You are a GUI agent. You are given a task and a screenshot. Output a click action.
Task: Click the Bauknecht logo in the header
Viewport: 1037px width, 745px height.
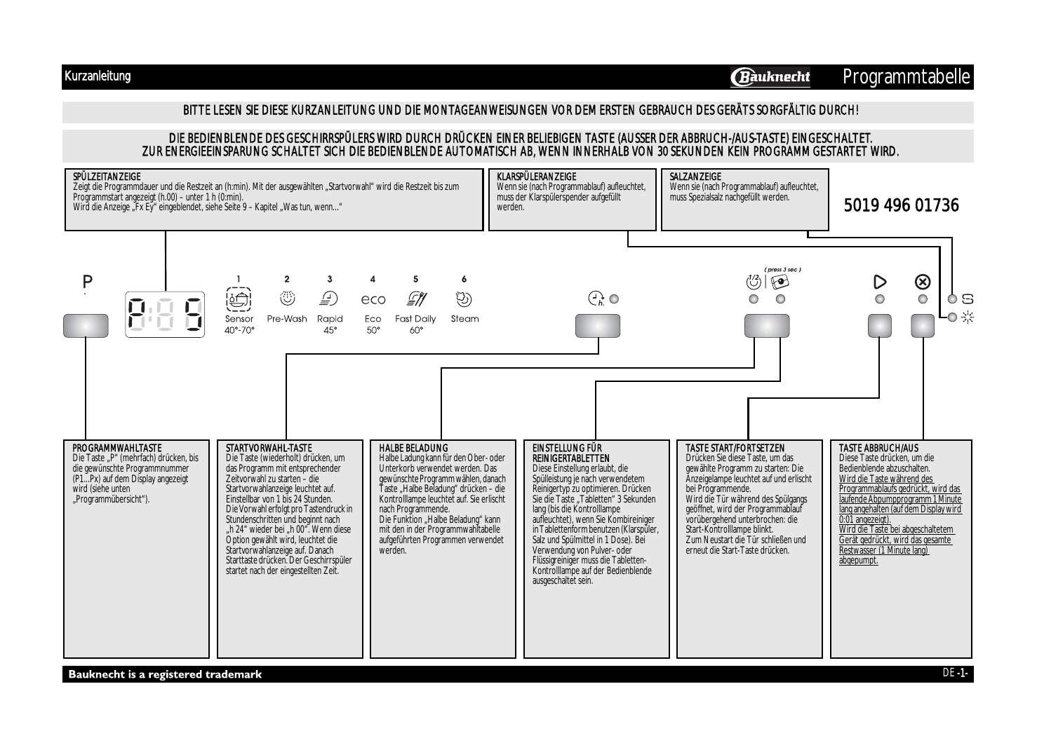pos(770,77)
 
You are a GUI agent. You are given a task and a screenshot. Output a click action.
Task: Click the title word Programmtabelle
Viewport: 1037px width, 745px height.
pos(906,76)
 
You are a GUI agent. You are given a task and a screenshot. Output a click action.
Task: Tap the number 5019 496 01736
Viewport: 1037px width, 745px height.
pos(901,205)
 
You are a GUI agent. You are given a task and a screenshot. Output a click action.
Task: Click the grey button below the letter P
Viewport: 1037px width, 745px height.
pos(86,326)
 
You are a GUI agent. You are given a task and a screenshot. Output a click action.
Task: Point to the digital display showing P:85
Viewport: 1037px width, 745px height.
pos(165,315)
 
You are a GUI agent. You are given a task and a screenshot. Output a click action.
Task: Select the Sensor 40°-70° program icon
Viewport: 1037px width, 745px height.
pos(239,299)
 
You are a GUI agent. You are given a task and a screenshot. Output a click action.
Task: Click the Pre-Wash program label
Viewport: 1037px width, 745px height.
pos(287,319)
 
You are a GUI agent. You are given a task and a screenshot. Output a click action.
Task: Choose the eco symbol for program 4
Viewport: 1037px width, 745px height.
pos(373,300)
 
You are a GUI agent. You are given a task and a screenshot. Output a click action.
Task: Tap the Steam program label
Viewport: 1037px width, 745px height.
pos(464,319)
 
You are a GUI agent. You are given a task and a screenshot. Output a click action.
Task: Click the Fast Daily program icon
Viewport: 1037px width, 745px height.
pos(415,299)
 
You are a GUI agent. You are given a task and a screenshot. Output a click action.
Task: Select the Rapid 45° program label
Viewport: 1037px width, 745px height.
pos(330,323)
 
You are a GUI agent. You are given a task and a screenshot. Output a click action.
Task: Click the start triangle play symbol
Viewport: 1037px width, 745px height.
pos(879,282)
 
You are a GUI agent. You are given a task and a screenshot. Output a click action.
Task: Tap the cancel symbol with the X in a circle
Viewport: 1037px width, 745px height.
pos(923,282)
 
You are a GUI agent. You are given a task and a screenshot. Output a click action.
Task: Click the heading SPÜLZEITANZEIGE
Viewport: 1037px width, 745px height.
pos(107,177)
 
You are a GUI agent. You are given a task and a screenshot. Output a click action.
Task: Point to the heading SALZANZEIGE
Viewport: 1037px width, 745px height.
pos(695,177)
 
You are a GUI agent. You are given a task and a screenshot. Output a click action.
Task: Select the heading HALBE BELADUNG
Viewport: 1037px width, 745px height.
pos(413,448)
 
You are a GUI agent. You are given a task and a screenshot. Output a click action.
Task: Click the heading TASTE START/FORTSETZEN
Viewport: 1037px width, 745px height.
pos(735,448)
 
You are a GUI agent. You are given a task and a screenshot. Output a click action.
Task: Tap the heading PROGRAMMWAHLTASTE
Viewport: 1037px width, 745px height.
pos(117,448)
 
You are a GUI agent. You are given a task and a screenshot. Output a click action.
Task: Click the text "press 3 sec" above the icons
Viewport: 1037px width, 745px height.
pos(782,270)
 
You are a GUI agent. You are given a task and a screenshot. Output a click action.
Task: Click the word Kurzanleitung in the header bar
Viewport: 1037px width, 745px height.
pos(98,76)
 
